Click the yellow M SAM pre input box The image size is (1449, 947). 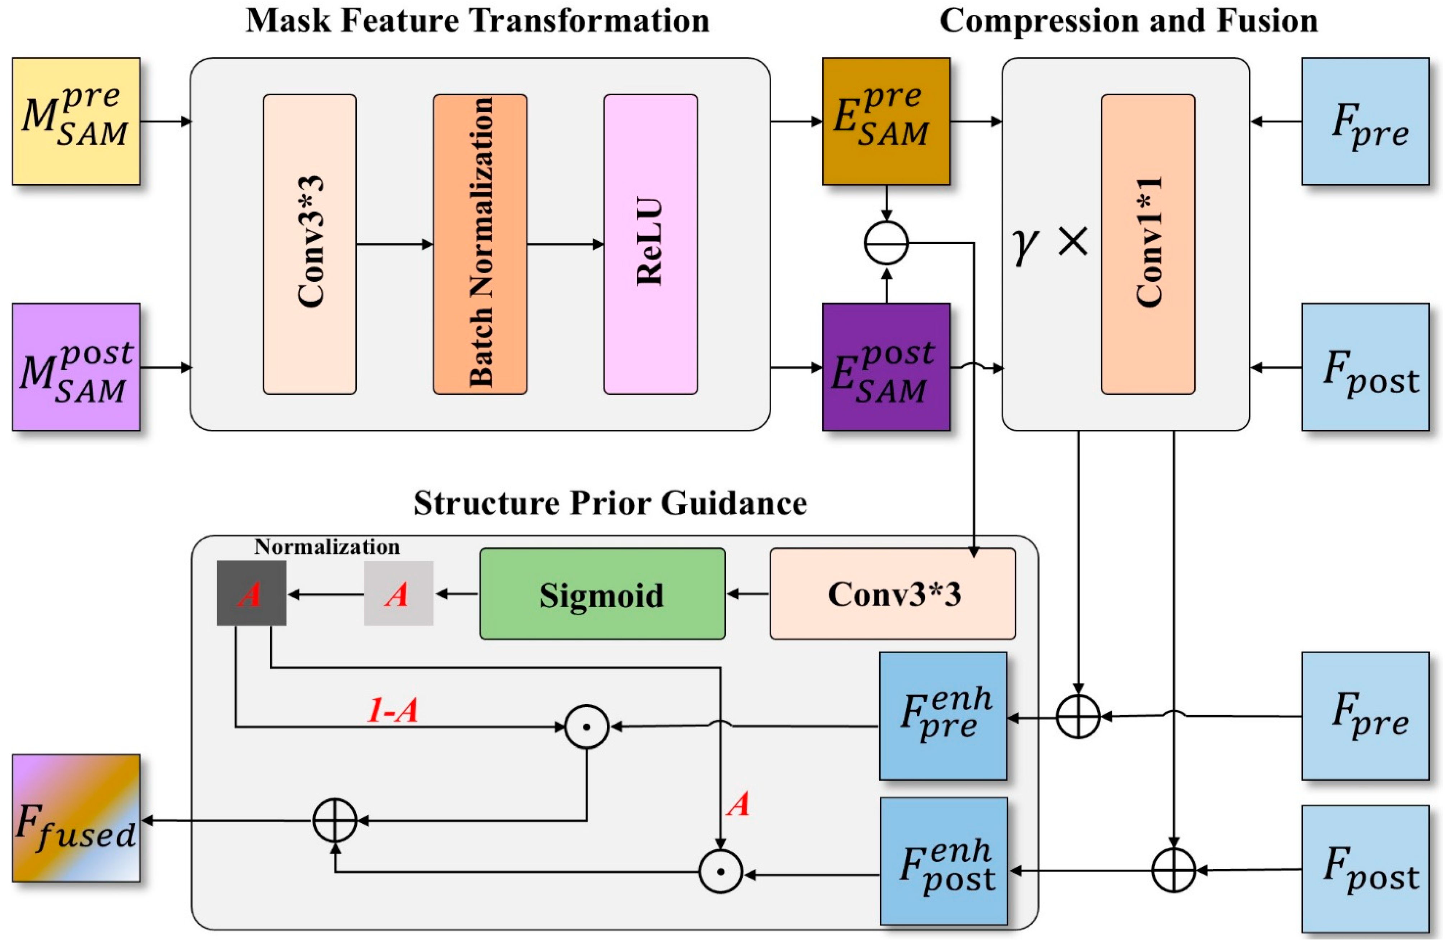pos(76,121)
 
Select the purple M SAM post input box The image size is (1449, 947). pos(76,367)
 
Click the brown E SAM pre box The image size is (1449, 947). pos(886,121)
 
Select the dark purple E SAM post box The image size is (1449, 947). pos(886,367)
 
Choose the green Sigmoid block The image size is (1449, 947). pos(602,594)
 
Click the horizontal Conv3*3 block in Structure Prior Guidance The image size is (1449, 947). pos(893,594)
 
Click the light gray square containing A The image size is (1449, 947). pos(398,593)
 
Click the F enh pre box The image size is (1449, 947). pos(943,716)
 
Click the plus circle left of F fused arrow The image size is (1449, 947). pos(335,820)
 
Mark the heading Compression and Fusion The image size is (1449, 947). pos(1128,21)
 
